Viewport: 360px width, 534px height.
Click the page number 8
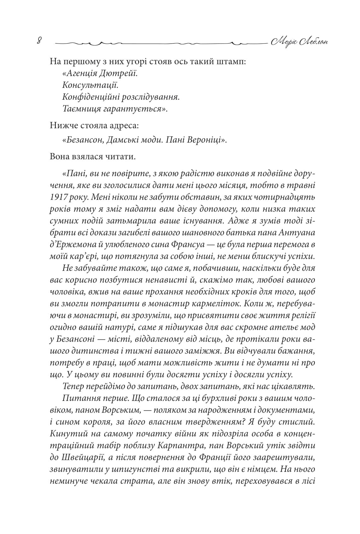pos(39,41)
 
